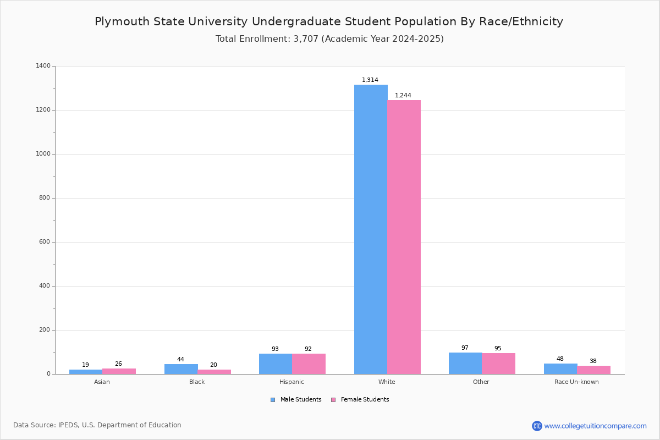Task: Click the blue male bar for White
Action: pos(371,229)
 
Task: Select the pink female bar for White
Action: pos(404,237)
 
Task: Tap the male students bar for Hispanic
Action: pos(276,364)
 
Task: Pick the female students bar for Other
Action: pos(498,364)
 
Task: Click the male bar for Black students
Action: pos(181,369)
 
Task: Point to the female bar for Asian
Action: pos(119,371)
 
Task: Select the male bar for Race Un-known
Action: pos(560,369)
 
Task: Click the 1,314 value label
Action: pos(370,80)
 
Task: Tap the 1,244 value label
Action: pos(403,95)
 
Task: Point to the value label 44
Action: pos(180,359)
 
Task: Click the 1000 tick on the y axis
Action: pos(43,154)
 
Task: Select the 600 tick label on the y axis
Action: pos(45,241)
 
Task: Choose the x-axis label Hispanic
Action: pos(291,382)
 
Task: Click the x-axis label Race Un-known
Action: pos(576,382)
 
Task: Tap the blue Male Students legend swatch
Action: pos(273,400)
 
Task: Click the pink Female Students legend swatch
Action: pos(333,400)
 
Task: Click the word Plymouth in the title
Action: pos(122,21)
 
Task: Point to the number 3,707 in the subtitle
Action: pos(306,39)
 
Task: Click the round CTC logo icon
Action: pos(537,426)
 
